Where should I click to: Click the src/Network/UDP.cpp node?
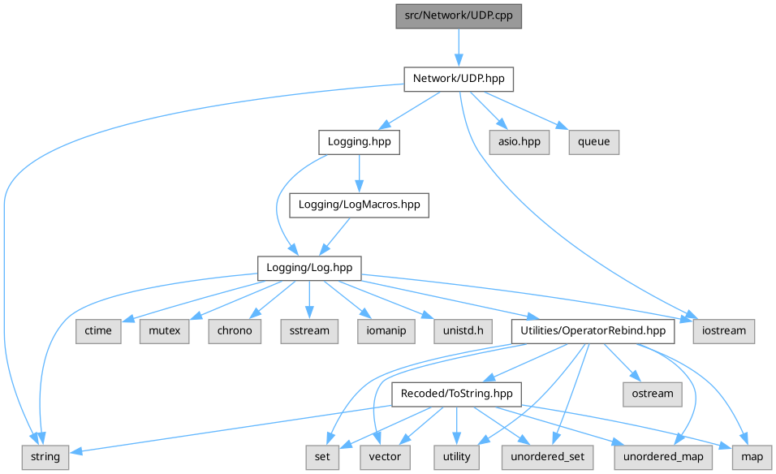(458, 16)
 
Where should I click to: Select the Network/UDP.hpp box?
(459, 78)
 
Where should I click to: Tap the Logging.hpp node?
(360, 142)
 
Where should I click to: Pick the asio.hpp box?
(519, 142)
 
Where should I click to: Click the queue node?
(593, 142)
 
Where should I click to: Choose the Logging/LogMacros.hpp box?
(359, 205)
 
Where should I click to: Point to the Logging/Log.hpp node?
(309, 268)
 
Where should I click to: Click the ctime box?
(99, 331)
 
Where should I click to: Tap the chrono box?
(235, 331)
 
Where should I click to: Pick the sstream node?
(309, 331)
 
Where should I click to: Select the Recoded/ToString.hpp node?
(456, 394)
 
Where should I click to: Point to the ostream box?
(653, 394)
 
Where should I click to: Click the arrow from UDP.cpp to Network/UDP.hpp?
(458, 47)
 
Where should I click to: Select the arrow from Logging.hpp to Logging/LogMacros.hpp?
(359, 173)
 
